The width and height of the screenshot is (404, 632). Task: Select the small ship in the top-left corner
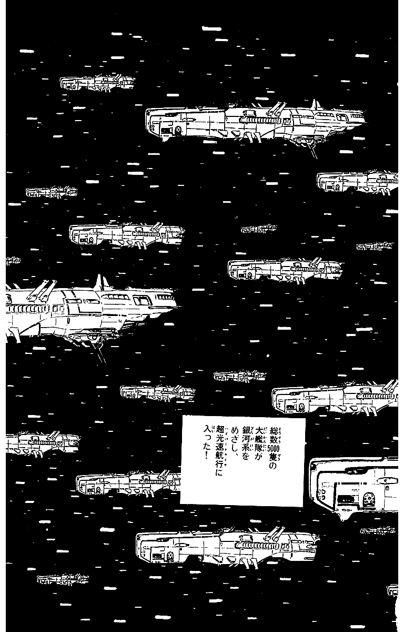[97, 83]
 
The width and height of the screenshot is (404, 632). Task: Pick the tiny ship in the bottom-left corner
[62, 579]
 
